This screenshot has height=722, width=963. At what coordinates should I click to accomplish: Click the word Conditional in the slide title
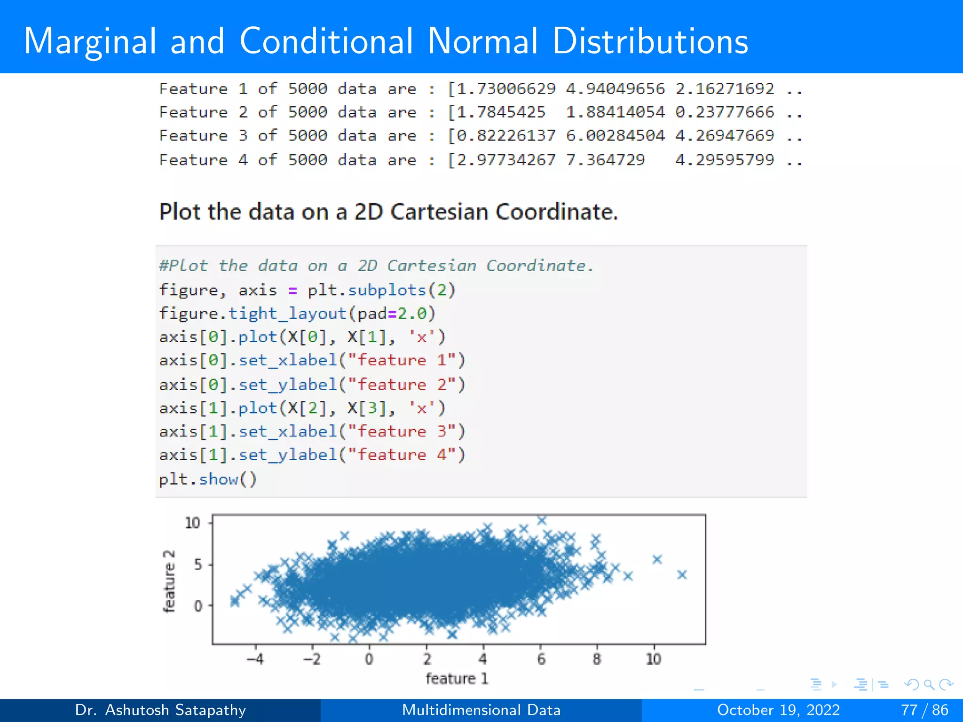point(326,41)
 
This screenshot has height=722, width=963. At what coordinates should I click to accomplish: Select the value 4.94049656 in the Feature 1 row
point(615,88)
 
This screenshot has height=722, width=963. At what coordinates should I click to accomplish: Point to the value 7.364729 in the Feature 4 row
point(605,160)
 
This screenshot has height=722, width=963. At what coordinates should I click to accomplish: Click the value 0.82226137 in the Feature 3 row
point(506,136)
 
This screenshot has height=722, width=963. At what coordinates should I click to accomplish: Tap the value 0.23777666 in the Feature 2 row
point(725,112)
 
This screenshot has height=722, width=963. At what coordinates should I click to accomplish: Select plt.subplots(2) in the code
point(381,290)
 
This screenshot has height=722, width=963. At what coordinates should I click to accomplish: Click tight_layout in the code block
point(287,314)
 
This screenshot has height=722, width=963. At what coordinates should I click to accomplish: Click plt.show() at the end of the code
point(208,479)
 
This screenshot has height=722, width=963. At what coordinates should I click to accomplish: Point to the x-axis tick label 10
point(653,659)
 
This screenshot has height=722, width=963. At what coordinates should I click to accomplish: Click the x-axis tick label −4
point(255,659)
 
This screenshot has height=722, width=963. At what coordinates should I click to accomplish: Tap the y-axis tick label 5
point(198,564)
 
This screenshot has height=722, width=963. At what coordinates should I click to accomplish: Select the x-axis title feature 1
point(457,678)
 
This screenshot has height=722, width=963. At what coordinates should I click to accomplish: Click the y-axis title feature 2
point(169,581)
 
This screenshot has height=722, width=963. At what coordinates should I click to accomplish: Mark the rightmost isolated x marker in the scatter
point(682,574)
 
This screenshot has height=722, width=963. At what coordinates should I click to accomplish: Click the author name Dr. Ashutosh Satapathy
point(160,710)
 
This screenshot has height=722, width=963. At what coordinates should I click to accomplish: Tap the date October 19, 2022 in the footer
point(778,710)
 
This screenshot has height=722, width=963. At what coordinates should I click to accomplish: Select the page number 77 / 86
point(924,710)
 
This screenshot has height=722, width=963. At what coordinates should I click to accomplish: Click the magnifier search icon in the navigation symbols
point(929,684)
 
